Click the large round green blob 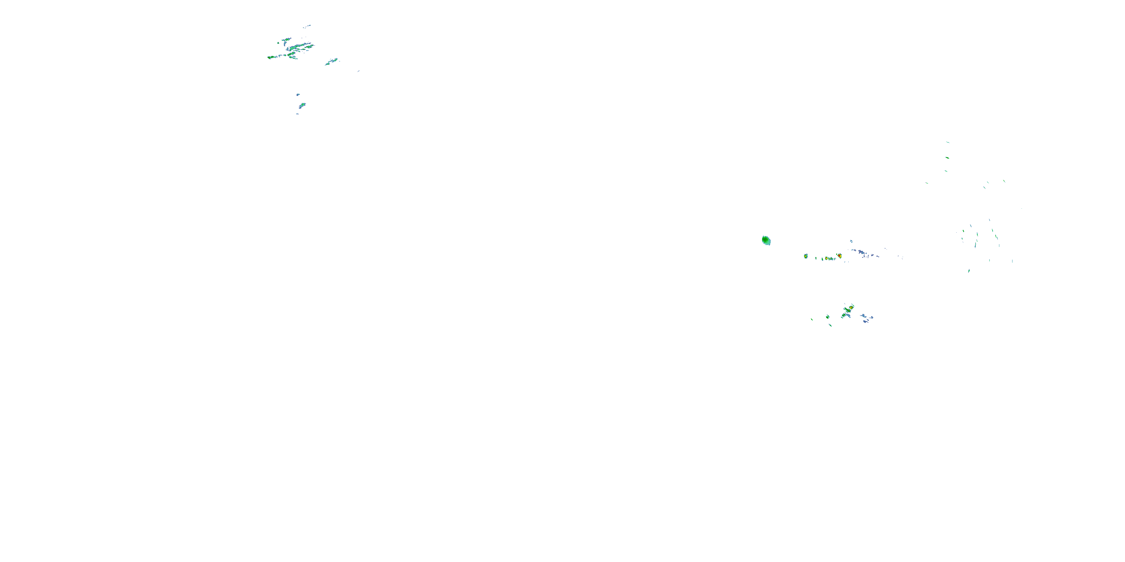coord(766,240)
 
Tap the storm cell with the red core coord(839,256)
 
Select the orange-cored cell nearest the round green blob coord(806,256)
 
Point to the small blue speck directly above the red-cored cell coord(851,241)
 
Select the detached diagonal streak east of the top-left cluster coord(331,61)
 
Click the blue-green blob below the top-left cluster coord(302,105)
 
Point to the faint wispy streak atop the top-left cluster coord(308,26)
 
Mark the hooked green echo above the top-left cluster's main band coord(287,40)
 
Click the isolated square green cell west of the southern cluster coord(828,316)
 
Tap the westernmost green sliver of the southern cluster coord(812,319)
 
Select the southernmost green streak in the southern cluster coord(830,325)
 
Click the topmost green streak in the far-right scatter coord(947,142)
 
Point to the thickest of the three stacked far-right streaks coord(947,157)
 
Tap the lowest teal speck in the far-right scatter coord(969,271)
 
